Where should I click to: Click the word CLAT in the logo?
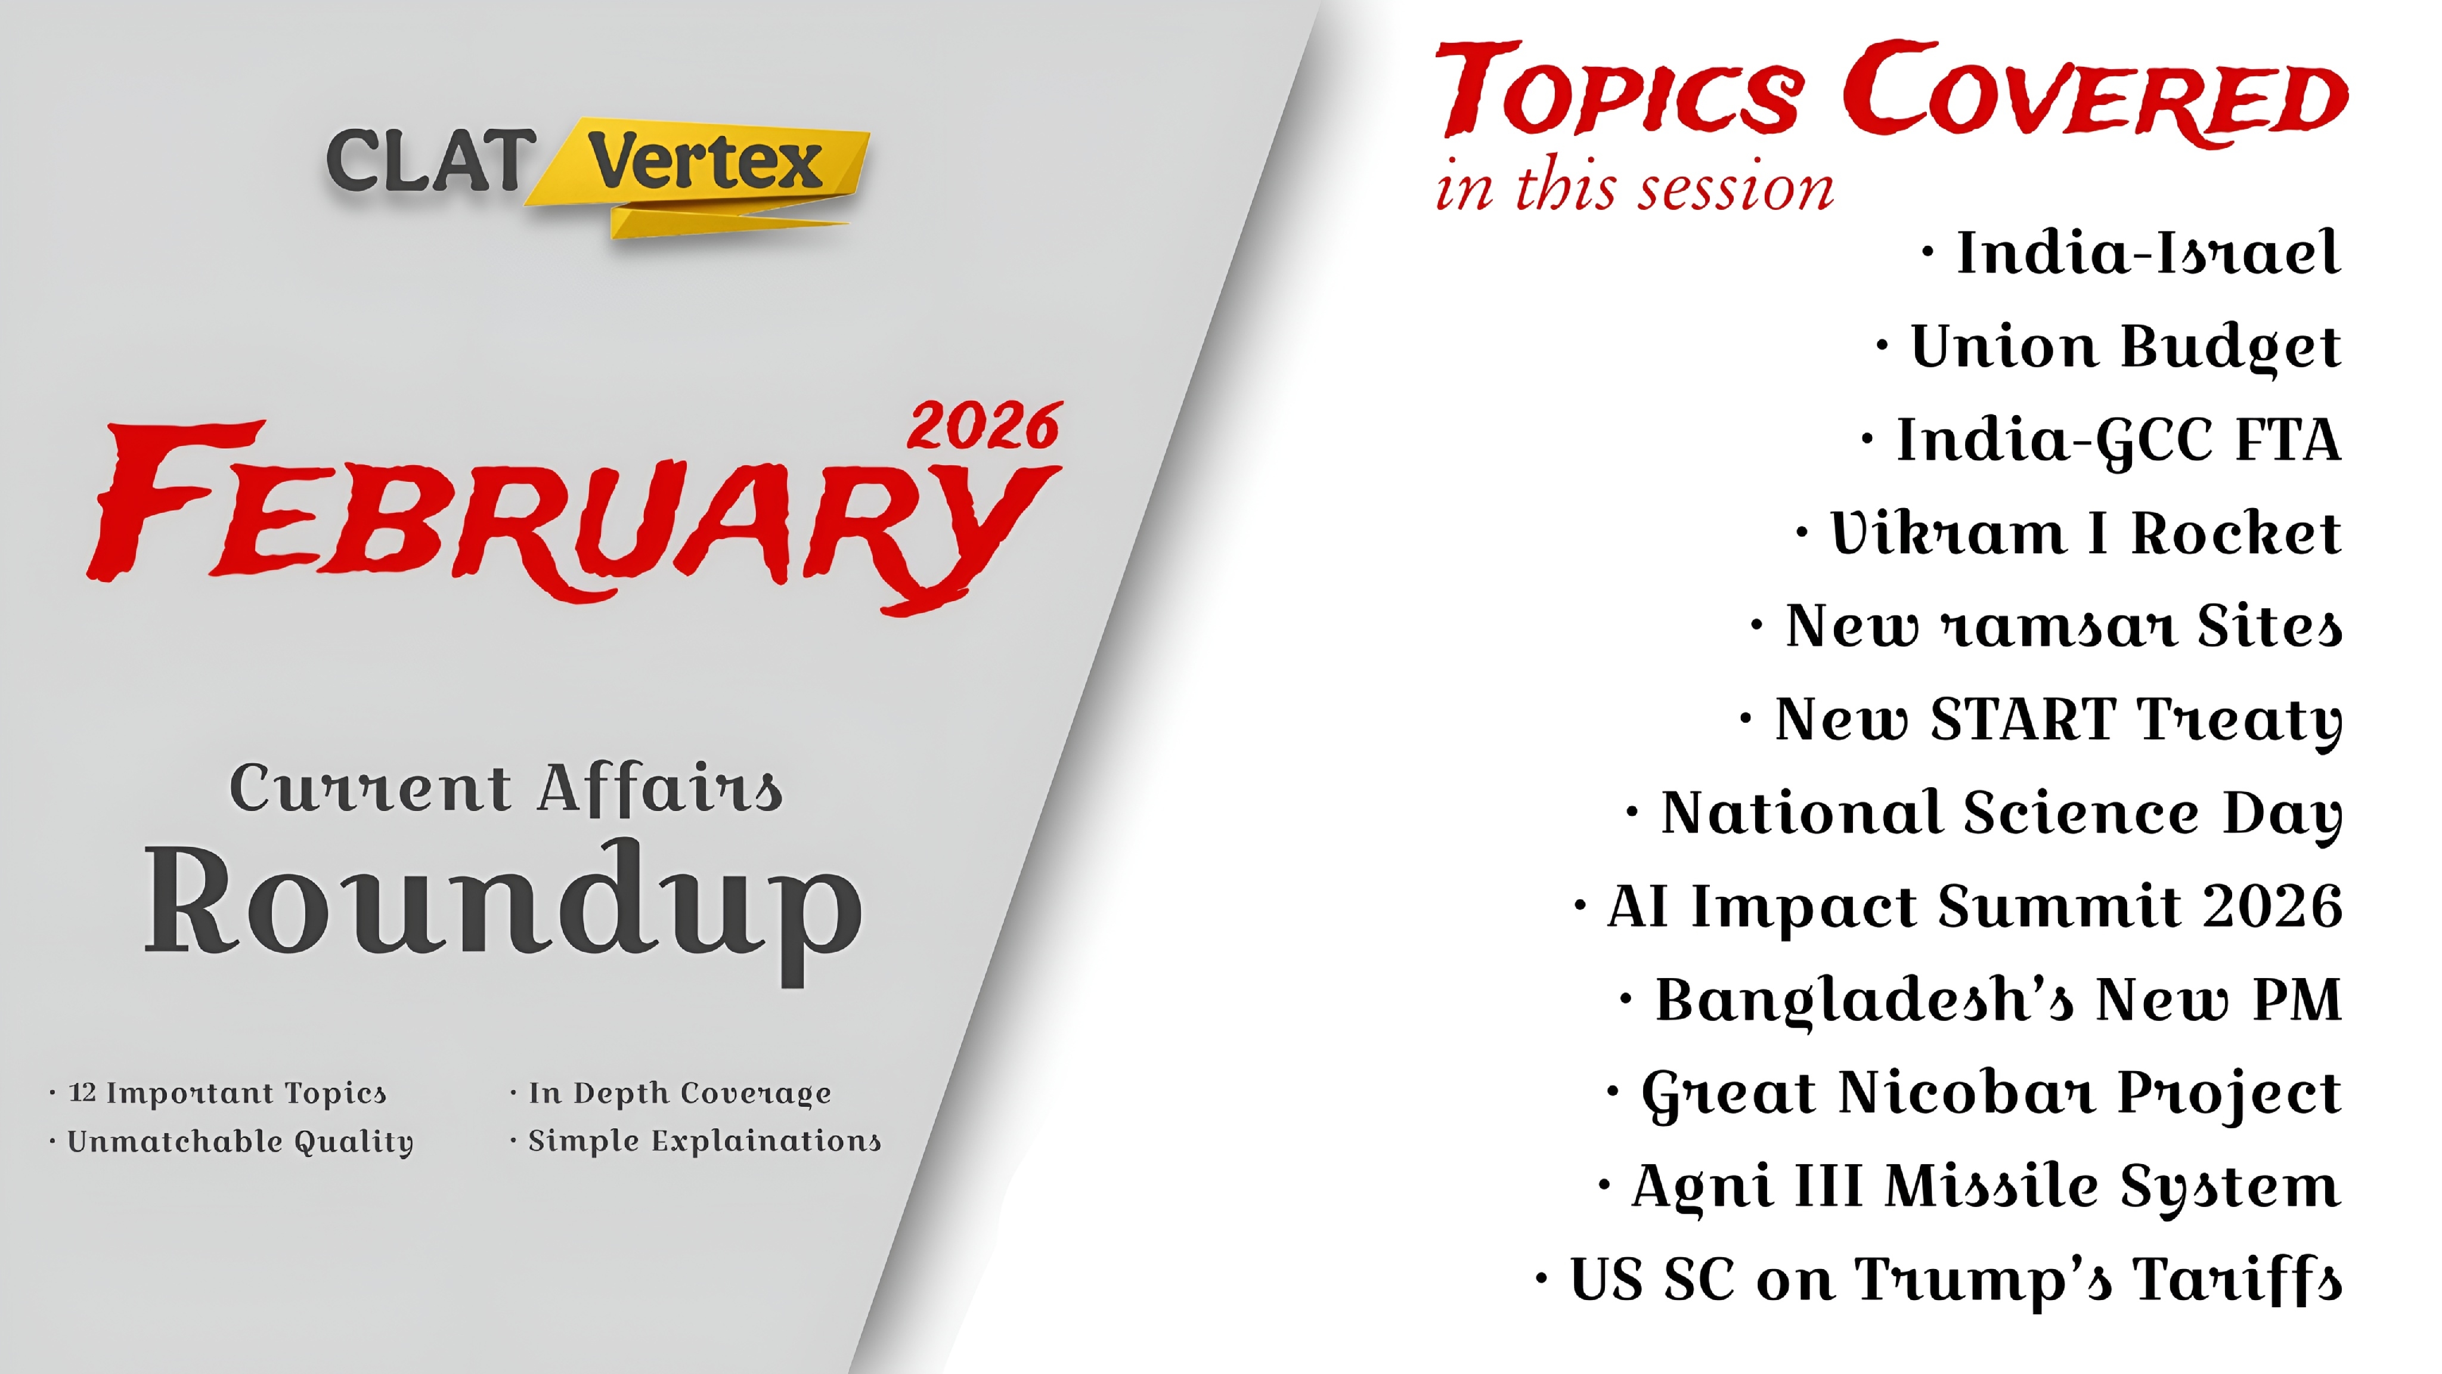tap(429, 161)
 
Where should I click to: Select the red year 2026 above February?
tap(984, 427)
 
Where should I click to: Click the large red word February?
tap(569, 512)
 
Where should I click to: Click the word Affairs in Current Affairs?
tap(661, 789)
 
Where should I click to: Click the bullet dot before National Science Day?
tap(1631, 813)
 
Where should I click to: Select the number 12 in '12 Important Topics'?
tap(82, 1093)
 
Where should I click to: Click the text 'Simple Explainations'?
tap(704, 1141)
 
